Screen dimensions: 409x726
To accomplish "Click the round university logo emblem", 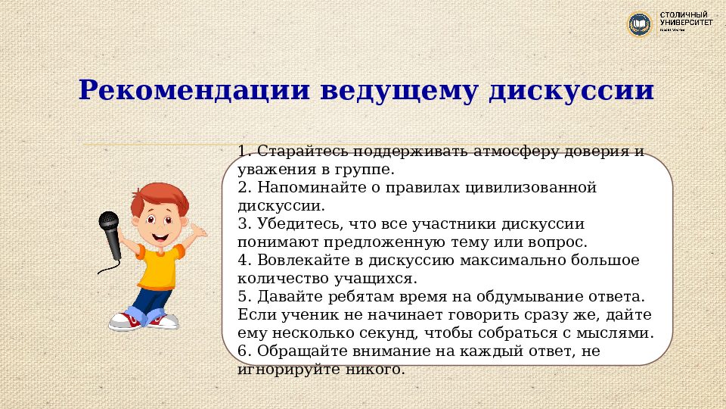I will pyautogui.click(x=640, y=24).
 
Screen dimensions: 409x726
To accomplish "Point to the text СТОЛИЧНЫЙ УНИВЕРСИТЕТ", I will pyautogui.click(x=685, y=20).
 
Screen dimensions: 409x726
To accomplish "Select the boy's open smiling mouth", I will pyautogui.click(x=160, y=236).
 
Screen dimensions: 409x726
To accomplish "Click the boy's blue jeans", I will pyautogui.click(x=151, y=301).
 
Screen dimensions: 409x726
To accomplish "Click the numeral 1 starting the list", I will pyautogui.click(x=241, y=151).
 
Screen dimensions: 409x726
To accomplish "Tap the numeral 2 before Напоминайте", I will pyautogui.click(x=242, y=187).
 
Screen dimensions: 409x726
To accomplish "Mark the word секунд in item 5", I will pyautogui.click(x=399, y=333).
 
